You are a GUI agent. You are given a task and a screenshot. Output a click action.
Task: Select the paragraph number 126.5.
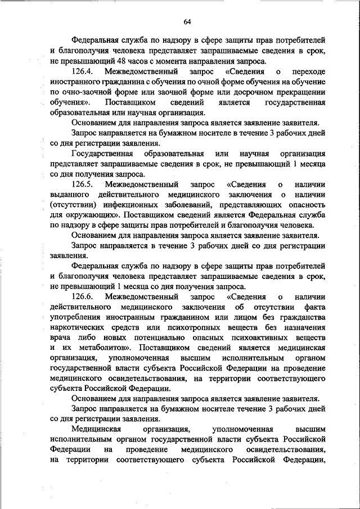click(x=85, y=184)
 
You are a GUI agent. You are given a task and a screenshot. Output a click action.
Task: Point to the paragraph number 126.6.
click(x=85, y=296)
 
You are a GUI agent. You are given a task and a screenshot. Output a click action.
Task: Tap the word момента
click(x=167, y=61)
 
